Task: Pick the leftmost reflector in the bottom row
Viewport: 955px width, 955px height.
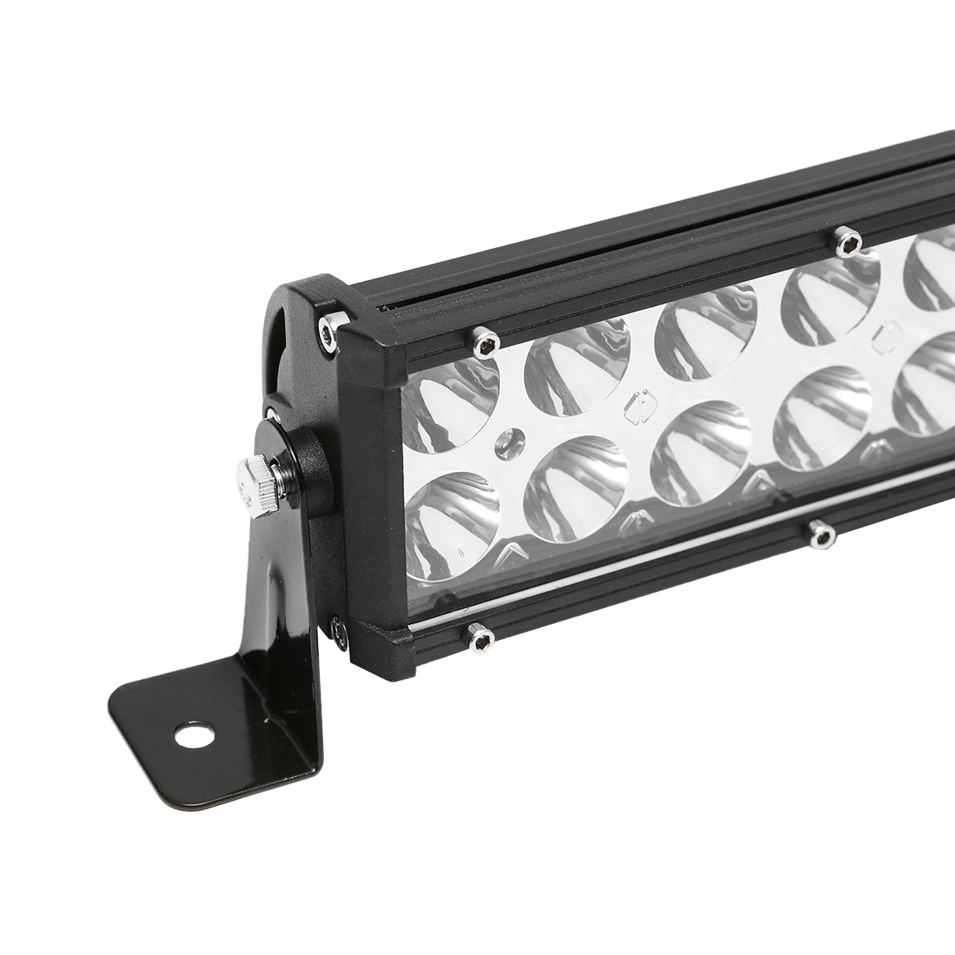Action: tap(451, 526)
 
